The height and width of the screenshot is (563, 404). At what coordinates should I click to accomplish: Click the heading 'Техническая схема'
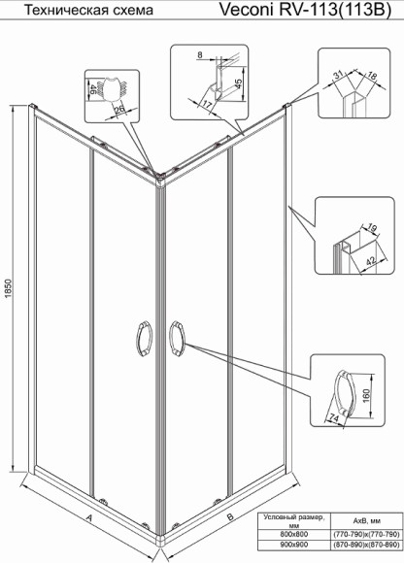tap(72, 12)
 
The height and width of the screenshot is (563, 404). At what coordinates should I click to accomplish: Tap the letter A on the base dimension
tap(89, 519)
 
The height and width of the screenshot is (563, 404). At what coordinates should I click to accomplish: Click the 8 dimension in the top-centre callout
tap(200, 56)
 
